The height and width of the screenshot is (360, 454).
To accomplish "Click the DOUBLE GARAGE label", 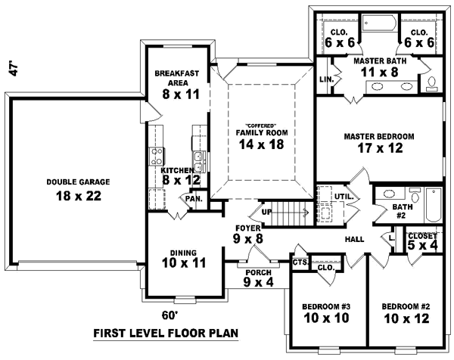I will (x=78, y=182).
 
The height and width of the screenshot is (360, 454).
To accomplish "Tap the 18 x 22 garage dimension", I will (x=79, y=196).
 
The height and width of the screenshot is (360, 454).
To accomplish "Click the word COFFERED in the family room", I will (x=260, y=125).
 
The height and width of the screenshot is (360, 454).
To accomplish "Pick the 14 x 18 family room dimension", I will (x=260, y=144).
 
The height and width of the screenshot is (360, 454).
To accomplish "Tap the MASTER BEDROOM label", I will (x=379, y=137).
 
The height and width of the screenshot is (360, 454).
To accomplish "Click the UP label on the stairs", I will (x=266, y=212).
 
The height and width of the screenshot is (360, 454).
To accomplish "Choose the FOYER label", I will (x=247, y=226).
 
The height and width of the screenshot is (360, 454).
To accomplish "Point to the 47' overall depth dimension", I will (x=14, y=67).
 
